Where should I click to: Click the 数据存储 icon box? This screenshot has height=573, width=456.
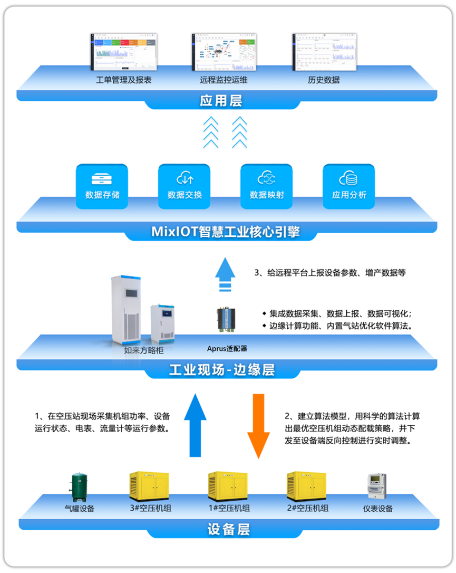[x=102, y=186]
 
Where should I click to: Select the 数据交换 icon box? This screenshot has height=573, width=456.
[x=185, y=186]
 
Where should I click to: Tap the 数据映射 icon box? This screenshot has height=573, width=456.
[x=267, y=186]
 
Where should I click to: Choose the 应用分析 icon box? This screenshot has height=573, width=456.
[x=349, y=186]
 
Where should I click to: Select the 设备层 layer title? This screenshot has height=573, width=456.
[x=228, y=529]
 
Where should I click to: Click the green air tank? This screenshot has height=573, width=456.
[x=80, y=486]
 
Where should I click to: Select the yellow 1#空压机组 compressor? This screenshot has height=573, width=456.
[x=228, y=486]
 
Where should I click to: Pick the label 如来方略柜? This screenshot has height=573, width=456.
[x=142, y=349]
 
